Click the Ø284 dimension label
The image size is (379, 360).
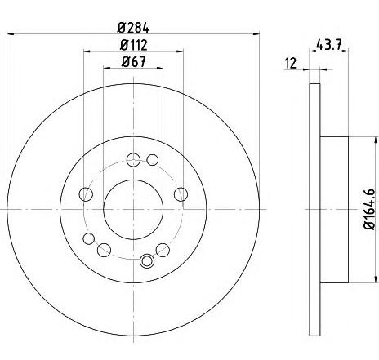point(133,28)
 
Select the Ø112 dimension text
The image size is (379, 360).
point(134,45)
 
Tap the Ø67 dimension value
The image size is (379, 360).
point(134,61)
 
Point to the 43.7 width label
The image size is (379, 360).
point(328,45)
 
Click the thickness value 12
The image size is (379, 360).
point(291,64)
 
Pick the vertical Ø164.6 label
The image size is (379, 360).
point(370,209)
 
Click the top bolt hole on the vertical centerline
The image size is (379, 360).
point(133,160)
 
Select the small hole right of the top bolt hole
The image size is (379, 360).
point(153,160)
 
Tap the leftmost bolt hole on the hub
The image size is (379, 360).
point(86,194)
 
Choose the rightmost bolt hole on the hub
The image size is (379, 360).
point(181,194)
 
